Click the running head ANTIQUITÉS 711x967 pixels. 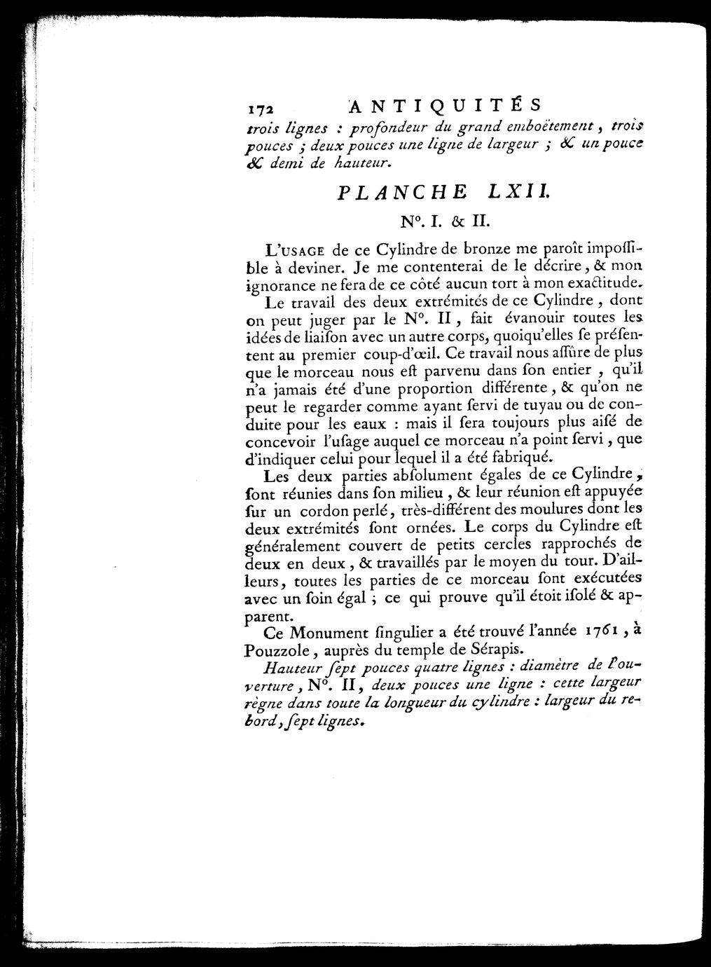[445, 106]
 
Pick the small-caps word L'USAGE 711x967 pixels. [284, 250]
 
